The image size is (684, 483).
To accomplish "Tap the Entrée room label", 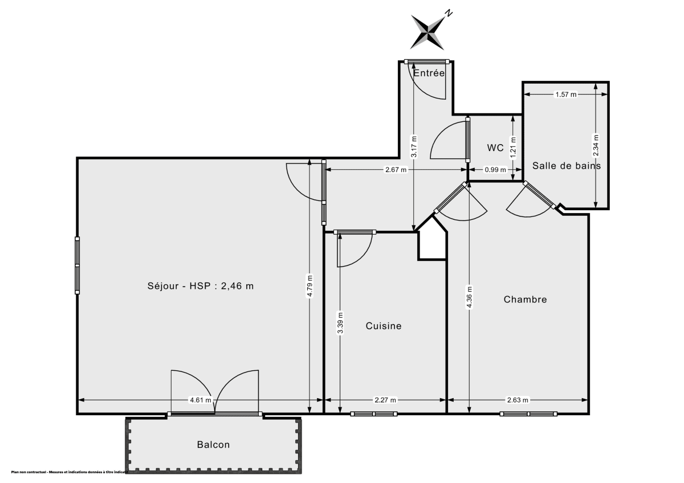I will pos(429,73).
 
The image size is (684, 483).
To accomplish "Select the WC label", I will pos(495,148).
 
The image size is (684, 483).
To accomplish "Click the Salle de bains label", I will pos(566,166).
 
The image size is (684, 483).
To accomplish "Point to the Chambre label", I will pos(525,300).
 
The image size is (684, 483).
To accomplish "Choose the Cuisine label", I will pos(383,326).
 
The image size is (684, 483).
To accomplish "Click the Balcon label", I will pos(214,445).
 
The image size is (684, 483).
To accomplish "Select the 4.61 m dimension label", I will pos(201,400).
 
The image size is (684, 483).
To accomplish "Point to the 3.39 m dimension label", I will pos(340,322).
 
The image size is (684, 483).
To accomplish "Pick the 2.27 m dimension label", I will pos(385,400).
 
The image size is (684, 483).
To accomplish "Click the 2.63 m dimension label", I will pos(518,400).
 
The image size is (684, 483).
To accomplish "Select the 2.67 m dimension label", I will pos(396,170).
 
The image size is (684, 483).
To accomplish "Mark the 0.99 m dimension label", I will pos(495,170).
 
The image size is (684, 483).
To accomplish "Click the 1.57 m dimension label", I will pos(565,95).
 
